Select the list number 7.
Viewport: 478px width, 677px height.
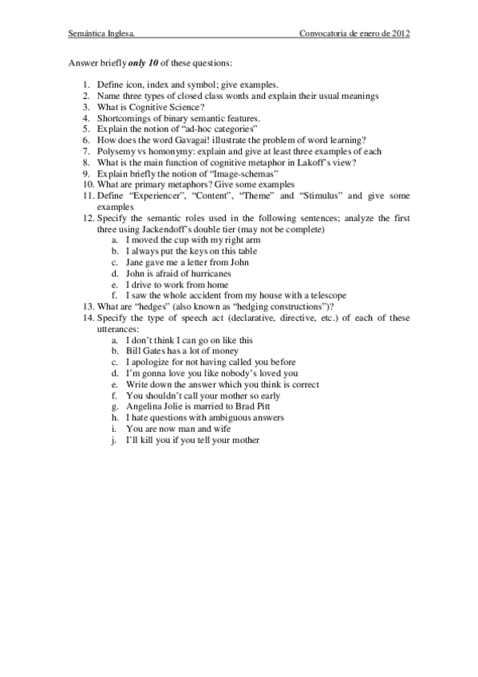pyautogui.click(x=85, y=151)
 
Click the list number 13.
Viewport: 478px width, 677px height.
pyautogui.click(x=87, y=307)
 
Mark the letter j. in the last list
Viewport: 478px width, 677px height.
pyautogui.click(x=115, y=439)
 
